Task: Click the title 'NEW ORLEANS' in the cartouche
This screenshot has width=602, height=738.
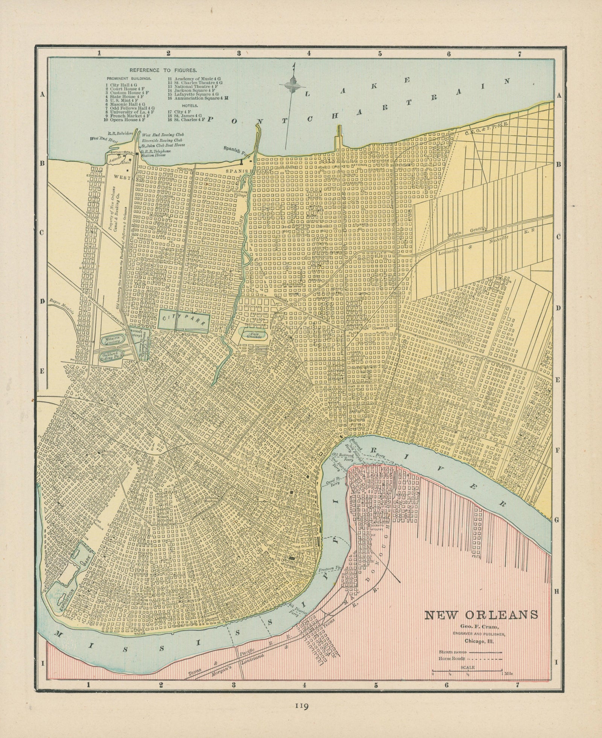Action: point(481,615)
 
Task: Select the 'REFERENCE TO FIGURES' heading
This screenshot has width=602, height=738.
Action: point(163,70)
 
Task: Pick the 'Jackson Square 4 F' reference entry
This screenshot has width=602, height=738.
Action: point(192,90)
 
